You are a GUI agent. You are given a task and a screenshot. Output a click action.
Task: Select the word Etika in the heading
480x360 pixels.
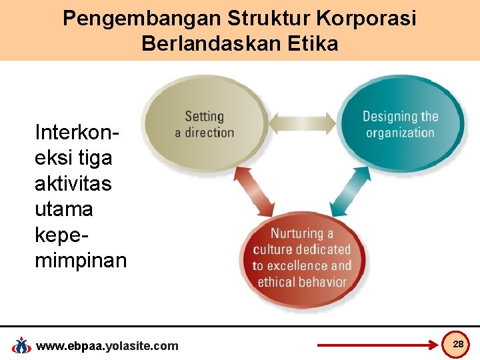tap(309, 44)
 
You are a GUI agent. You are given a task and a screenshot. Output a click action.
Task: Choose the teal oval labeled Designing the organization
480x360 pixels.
tap(400, 123)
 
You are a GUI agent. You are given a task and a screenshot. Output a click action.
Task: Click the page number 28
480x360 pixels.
tap(458, 344)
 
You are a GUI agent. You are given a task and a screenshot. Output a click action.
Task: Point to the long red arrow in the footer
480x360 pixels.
tap(376, 345)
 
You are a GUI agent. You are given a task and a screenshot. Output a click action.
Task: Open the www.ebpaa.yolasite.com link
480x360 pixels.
tap(107, 345)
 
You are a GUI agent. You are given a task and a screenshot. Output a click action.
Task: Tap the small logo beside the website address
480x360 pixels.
tap(22, 345)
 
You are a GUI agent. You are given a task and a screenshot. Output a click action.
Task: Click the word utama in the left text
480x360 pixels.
tap(64, 209)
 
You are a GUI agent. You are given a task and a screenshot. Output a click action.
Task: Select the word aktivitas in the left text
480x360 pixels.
tap(73, 183)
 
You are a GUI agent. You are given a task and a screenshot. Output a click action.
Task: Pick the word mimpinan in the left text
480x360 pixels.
tap(80, 260)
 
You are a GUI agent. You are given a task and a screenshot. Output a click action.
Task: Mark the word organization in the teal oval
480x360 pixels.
tap(400, 132)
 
